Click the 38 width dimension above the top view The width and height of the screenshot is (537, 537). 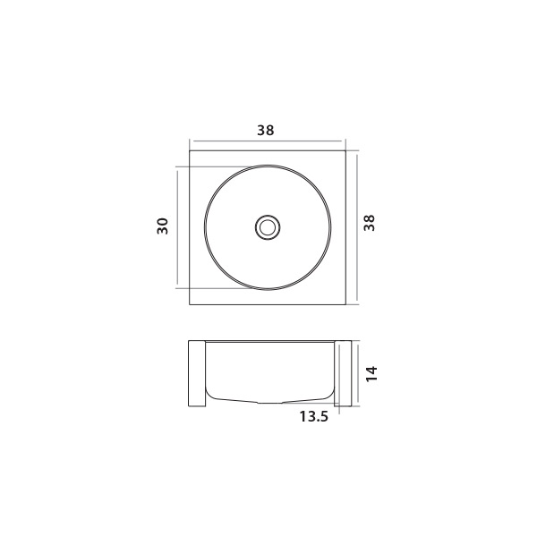pos(266,130)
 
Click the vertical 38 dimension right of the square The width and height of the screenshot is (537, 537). pos(369,223)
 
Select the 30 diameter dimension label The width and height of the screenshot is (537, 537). pos(163,226)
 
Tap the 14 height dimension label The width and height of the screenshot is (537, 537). pos(371,373)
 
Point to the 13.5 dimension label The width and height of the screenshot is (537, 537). pos(314,416)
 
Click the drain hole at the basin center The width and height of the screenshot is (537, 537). pos(268,227)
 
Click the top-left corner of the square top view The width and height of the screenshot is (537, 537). pos(190,150)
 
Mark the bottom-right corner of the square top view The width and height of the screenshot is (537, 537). pos(345,304)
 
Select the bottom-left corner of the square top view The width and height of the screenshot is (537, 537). pos(190,304)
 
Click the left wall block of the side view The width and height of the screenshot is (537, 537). pos(197,373)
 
